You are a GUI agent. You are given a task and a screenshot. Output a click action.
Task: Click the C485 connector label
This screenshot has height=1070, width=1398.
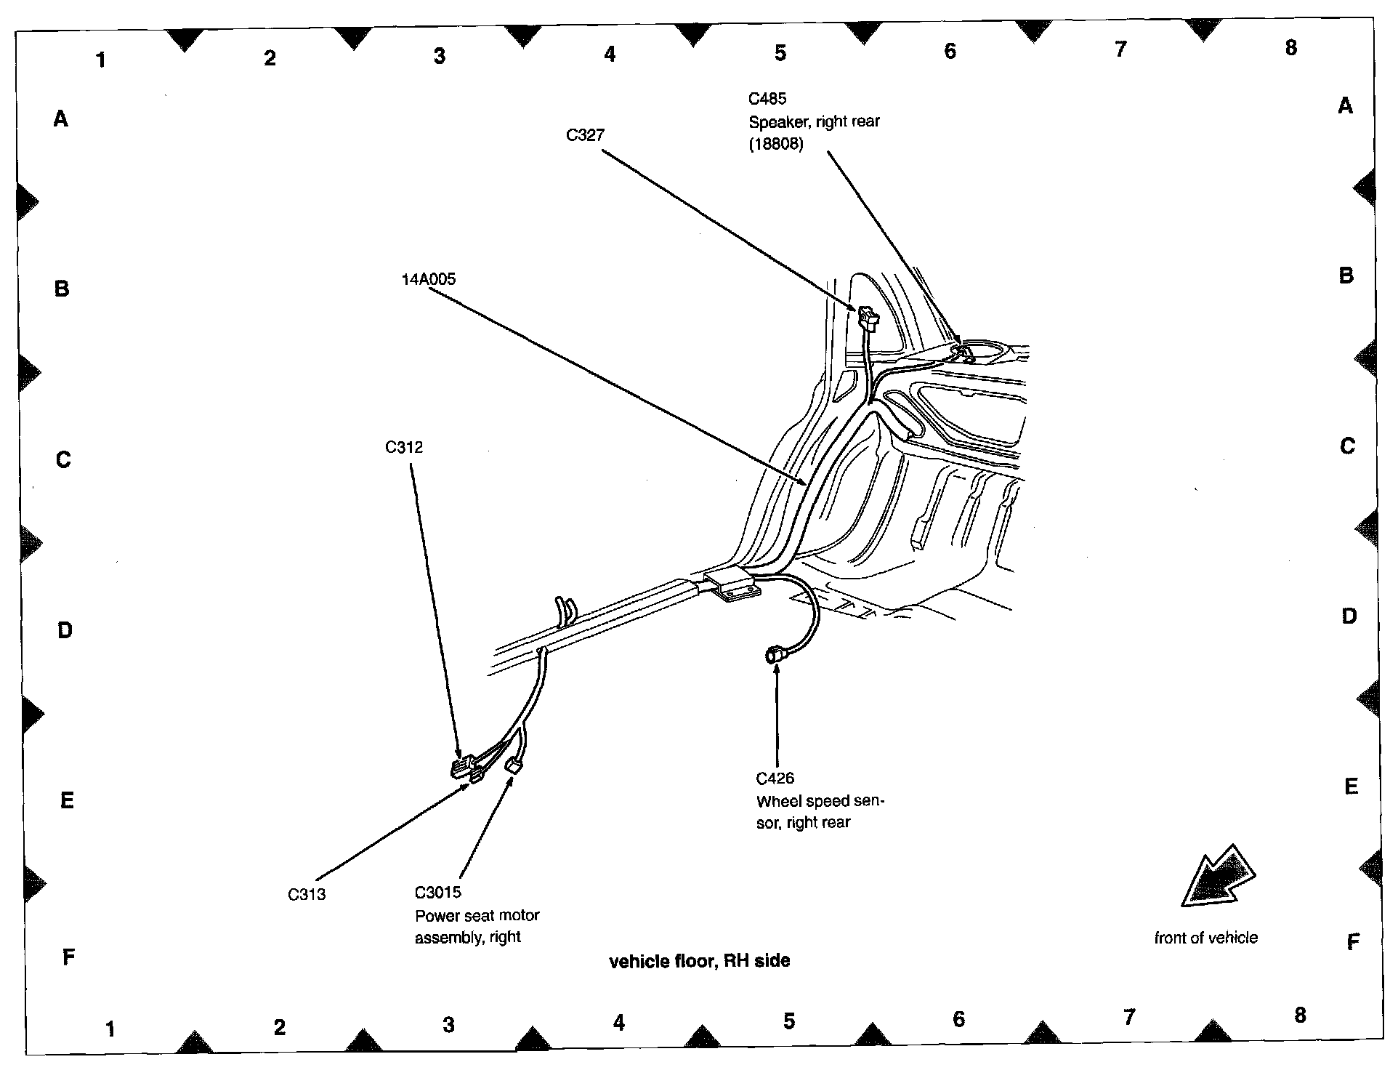coord(767,98)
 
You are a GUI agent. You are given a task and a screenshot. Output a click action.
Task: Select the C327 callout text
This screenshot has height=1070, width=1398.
coord(585,135)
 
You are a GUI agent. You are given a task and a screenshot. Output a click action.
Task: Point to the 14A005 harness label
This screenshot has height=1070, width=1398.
coord(428,279)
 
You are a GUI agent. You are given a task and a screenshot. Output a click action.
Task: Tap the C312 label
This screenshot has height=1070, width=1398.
coord(404,447)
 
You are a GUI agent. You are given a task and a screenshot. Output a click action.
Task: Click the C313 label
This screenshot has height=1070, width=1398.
coord(307,895)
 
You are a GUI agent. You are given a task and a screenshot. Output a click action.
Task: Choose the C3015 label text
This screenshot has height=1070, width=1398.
coord(437,893)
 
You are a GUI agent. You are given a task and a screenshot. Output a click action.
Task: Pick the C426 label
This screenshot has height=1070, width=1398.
coord(775,779)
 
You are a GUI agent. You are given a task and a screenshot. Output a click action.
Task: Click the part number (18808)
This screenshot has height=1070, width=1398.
coord(776,144)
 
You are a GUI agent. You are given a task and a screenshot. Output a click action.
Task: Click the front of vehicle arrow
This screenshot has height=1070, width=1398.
coord(1217,878)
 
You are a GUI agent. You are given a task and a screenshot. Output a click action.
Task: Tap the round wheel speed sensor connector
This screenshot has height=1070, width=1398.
coord(773,656)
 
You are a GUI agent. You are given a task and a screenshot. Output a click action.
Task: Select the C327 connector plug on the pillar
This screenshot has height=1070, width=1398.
coord(868,317)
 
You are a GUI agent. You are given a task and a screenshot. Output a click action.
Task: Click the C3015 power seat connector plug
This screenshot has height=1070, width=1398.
coord(514,765)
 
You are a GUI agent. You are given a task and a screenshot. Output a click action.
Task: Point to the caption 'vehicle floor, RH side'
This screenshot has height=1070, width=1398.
coord(699,961)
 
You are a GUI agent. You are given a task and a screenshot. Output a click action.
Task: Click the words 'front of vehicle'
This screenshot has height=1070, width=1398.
coord(1205,938)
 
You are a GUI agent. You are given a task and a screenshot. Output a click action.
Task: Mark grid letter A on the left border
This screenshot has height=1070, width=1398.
coord(61,118)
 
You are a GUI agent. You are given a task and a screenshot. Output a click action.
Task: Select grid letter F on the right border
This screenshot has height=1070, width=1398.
coord(1352,943)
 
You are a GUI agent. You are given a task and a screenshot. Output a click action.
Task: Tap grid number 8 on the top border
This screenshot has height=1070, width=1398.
coord(1290,48)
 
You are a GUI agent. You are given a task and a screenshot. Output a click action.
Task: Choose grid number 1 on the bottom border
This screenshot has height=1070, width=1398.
coord(110,1029)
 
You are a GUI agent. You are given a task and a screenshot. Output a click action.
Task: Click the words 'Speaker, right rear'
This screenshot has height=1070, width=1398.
coord(814,121)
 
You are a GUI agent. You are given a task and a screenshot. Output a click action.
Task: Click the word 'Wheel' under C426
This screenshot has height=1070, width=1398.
coord(777,802)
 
